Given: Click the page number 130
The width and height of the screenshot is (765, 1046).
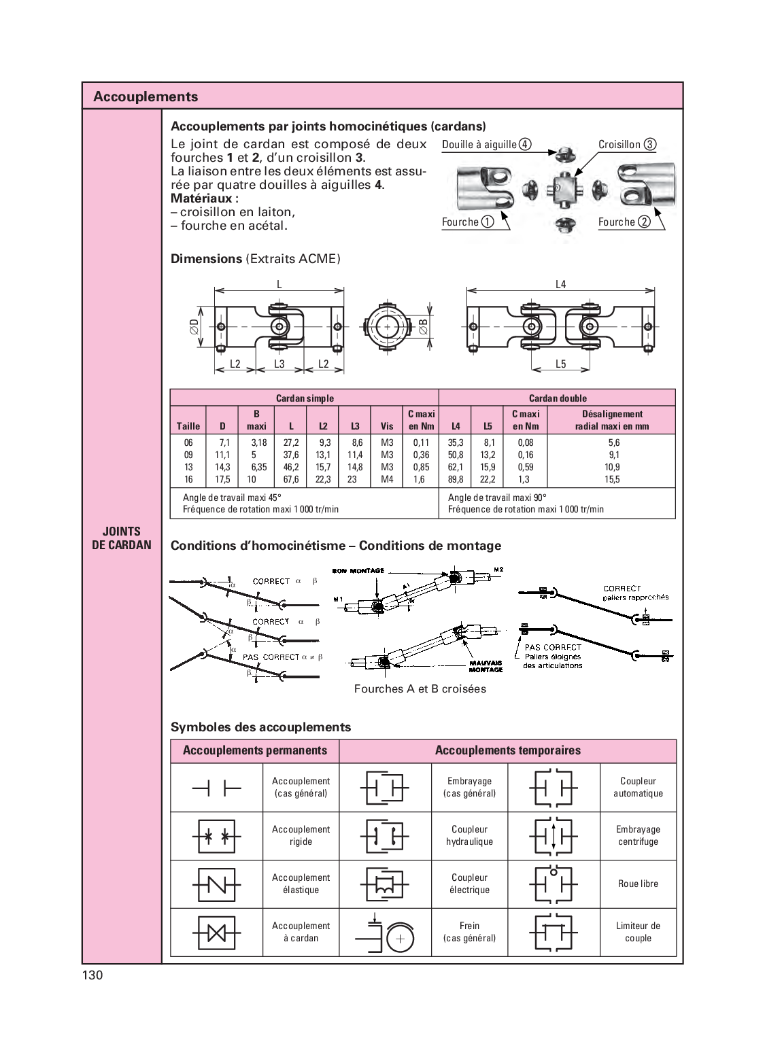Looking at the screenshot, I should coord(92,975).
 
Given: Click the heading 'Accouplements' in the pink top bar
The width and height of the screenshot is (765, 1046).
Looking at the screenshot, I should coord(146,97).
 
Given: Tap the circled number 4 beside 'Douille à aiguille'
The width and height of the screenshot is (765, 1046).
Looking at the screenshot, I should coord(525,144).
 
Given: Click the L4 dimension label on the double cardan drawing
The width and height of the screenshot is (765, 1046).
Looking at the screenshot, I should coord(560,285).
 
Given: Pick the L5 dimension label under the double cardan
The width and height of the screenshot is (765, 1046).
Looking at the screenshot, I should coord(560,364).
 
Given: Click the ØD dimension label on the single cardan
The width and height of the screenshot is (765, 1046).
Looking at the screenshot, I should coord(194,327).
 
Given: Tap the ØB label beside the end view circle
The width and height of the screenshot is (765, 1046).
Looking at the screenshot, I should coord(423,327).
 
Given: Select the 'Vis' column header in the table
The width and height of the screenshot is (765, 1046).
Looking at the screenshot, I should coord(387,426).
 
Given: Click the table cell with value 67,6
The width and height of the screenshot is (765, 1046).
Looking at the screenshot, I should coord(291,479).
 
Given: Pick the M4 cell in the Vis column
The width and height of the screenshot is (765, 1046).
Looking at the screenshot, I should coord(387,479).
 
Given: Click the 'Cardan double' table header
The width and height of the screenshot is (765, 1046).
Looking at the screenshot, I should coord(558,398).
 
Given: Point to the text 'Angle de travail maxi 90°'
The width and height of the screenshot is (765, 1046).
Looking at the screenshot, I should coord(497,498).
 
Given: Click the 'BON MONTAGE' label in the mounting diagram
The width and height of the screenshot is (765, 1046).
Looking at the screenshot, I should coord(358,570).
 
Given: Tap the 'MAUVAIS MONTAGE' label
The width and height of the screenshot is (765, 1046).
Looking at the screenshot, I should coord(486,666).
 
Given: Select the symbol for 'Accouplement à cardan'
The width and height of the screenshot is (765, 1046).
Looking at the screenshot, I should coord(216,932).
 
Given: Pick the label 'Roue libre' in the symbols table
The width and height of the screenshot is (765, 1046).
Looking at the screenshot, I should coord(638,884).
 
